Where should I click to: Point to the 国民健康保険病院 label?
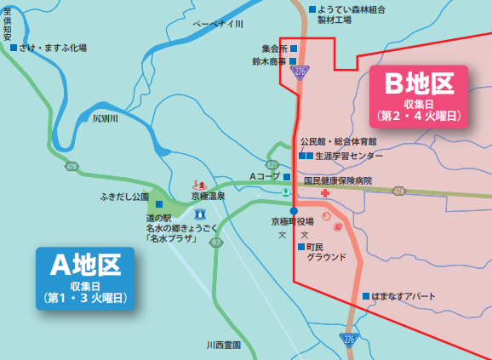(339, 180)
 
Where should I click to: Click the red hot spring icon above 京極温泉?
(199, 183)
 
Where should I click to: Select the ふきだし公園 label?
(124, 196)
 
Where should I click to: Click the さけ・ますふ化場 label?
(53, 49)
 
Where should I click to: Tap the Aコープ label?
(264, 176)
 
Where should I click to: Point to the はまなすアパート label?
(405, 296)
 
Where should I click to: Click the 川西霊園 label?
(223, 346)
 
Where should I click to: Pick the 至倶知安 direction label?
(7, 22)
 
